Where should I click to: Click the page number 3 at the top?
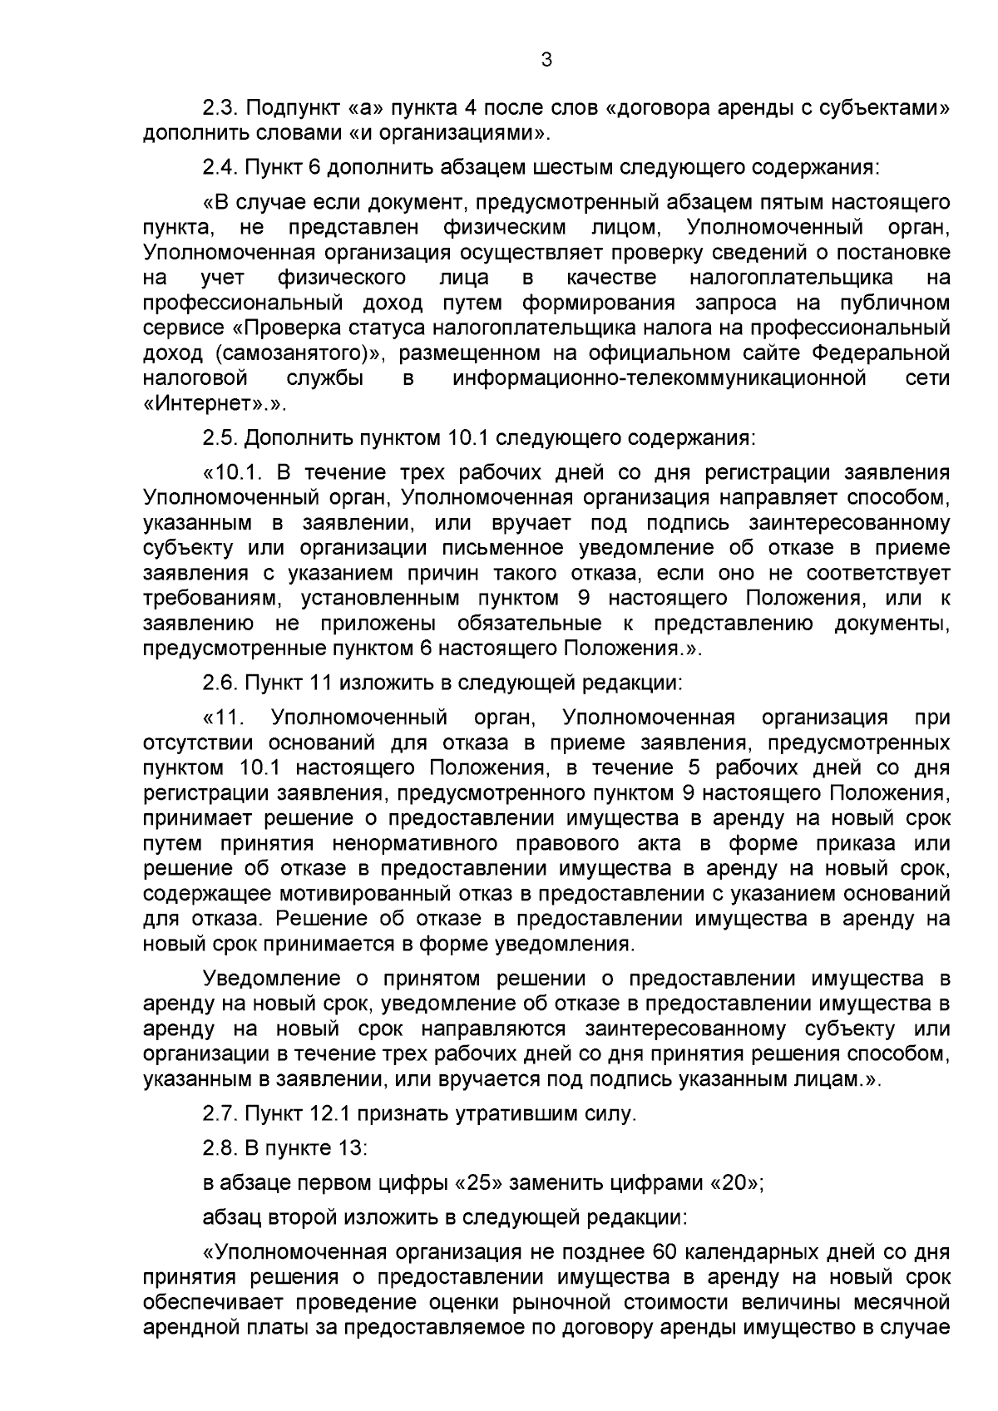point(546,60)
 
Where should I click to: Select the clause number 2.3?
point(220,109)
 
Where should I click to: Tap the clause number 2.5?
point(220,437)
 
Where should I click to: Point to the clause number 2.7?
point(220,1114)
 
